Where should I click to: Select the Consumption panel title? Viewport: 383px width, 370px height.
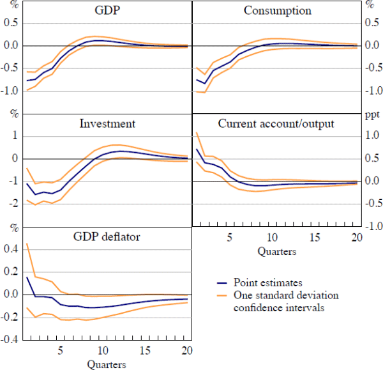click(x=278, y=11)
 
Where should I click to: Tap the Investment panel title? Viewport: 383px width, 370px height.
click(x=107, y=123)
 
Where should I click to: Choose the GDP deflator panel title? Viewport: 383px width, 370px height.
click(x=106, y=236)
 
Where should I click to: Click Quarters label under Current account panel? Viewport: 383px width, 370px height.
click(x=276, y=251)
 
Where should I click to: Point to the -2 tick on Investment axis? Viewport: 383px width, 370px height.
click(x=11, y=204)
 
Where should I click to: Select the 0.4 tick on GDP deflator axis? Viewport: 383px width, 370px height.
click(x=10, y=249)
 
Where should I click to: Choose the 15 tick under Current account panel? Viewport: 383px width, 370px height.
click(x=315, y=238)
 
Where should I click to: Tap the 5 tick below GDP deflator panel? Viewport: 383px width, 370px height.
click(x=61, y=351)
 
